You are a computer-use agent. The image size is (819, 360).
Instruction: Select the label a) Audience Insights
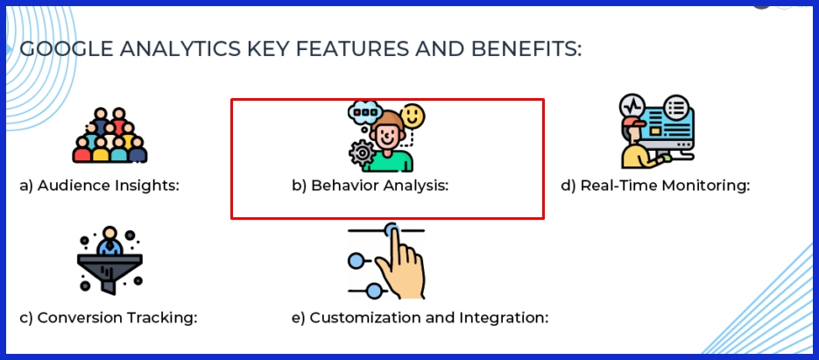[99, 186]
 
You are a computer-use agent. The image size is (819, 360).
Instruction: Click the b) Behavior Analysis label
[370, 186]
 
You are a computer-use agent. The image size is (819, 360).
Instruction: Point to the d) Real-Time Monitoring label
[655, 186]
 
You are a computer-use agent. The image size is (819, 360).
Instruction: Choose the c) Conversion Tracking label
[109, 317]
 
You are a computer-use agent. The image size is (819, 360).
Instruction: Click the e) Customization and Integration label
[420, 317]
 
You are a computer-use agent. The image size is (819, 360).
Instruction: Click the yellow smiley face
[413, 116]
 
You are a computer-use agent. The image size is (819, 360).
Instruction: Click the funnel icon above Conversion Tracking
[109, 261]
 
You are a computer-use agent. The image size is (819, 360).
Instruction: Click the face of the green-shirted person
[385, 137]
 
